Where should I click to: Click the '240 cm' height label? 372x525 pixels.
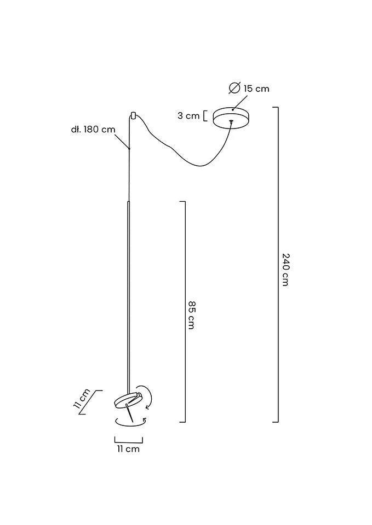coord(285,269)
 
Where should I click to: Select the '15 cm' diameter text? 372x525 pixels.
coord(256,89)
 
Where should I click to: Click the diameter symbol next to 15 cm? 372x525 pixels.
coord(234,87)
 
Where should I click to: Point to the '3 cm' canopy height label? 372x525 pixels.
coord(188,115)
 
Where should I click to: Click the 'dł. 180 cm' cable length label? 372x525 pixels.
coord(93,130)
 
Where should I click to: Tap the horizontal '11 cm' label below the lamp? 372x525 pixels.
coord(128,449)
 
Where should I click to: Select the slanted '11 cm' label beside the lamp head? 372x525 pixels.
coord(82,400)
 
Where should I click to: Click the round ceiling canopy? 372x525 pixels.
coord(231,116)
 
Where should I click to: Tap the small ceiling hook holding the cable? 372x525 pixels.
coord(133,115)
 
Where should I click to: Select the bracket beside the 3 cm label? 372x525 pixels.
coord(205,116)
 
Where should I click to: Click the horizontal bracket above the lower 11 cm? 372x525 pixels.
coord(128,440)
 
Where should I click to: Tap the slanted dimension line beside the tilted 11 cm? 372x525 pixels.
coord(91,402)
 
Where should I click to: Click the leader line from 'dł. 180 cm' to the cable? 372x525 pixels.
coord(122,140)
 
